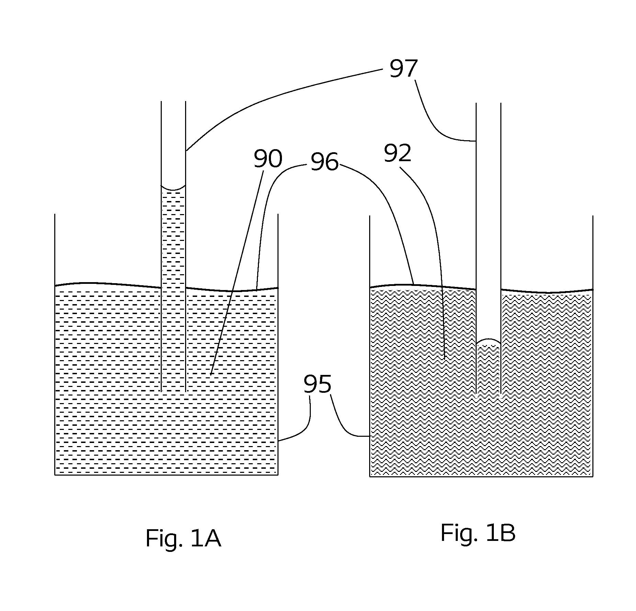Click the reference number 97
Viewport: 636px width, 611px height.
point(403,68)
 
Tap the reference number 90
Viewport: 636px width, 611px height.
point(268,158)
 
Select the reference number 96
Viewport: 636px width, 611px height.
point(325,162)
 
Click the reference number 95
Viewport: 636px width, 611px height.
point(318,384)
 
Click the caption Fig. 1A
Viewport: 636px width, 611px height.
point(183,539)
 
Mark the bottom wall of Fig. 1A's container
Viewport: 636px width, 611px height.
point(166,475)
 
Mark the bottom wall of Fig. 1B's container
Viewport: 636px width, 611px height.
point(481,476)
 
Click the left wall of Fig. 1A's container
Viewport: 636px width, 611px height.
point(55,344)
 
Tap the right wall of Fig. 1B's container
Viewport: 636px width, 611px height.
point(593,346)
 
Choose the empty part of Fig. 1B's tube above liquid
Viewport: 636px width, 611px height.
point(488,222)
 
